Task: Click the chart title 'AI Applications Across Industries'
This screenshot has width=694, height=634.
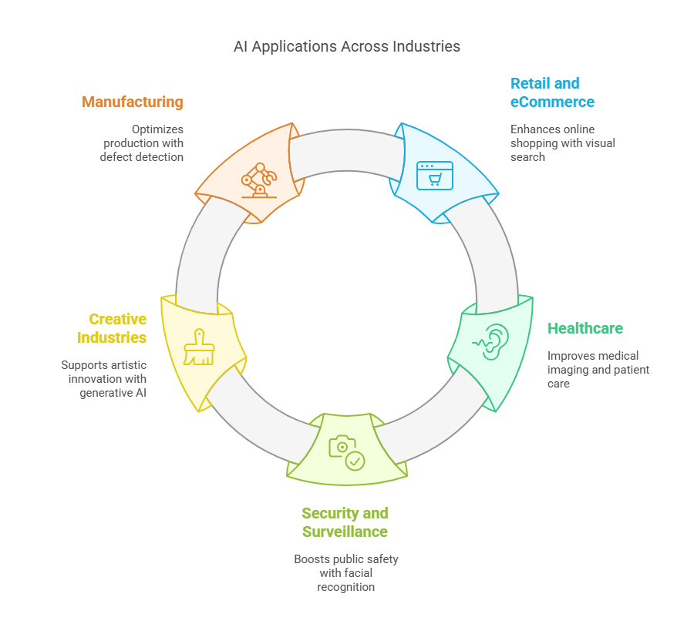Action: (x=347, y=46)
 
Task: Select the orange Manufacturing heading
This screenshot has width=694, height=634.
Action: (x=133, y=102)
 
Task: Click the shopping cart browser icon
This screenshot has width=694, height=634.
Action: (x=435, y=175)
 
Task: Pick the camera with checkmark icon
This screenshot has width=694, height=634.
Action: (x=346, y=452)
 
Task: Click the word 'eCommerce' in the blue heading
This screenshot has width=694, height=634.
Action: (x=552, y=102)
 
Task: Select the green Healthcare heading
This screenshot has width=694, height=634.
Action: (x=585, y=328)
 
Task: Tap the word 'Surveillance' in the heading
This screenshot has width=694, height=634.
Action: (x=345, y=532)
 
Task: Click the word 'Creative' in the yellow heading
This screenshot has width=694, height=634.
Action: (x=117, y=319)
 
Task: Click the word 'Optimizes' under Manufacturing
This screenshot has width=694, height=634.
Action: (x=158, y=129)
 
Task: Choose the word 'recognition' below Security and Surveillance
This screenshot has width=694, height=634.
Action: (x=345, y=587)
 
